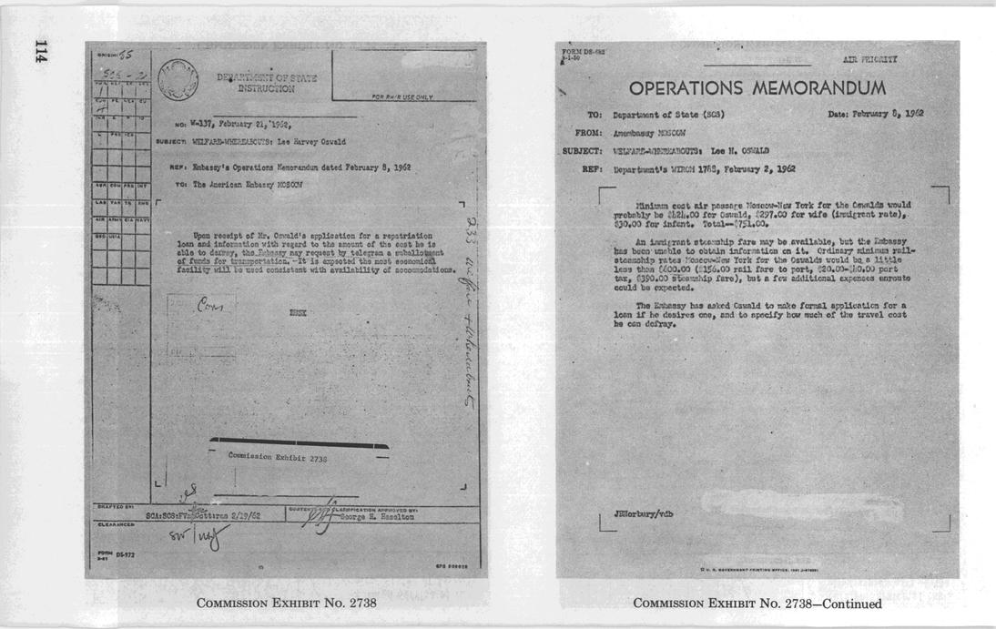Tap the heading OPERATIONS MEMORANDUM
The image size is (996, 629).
[757, 88]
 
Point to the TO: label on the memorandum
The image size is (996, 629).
[595, 116]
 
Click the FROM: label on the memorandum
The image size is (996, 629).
[590, 133]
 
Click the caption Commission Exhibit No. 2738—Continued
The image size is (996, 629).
[757, 604]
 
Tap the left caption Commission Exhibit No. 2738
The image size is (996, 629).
[286, 604]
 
